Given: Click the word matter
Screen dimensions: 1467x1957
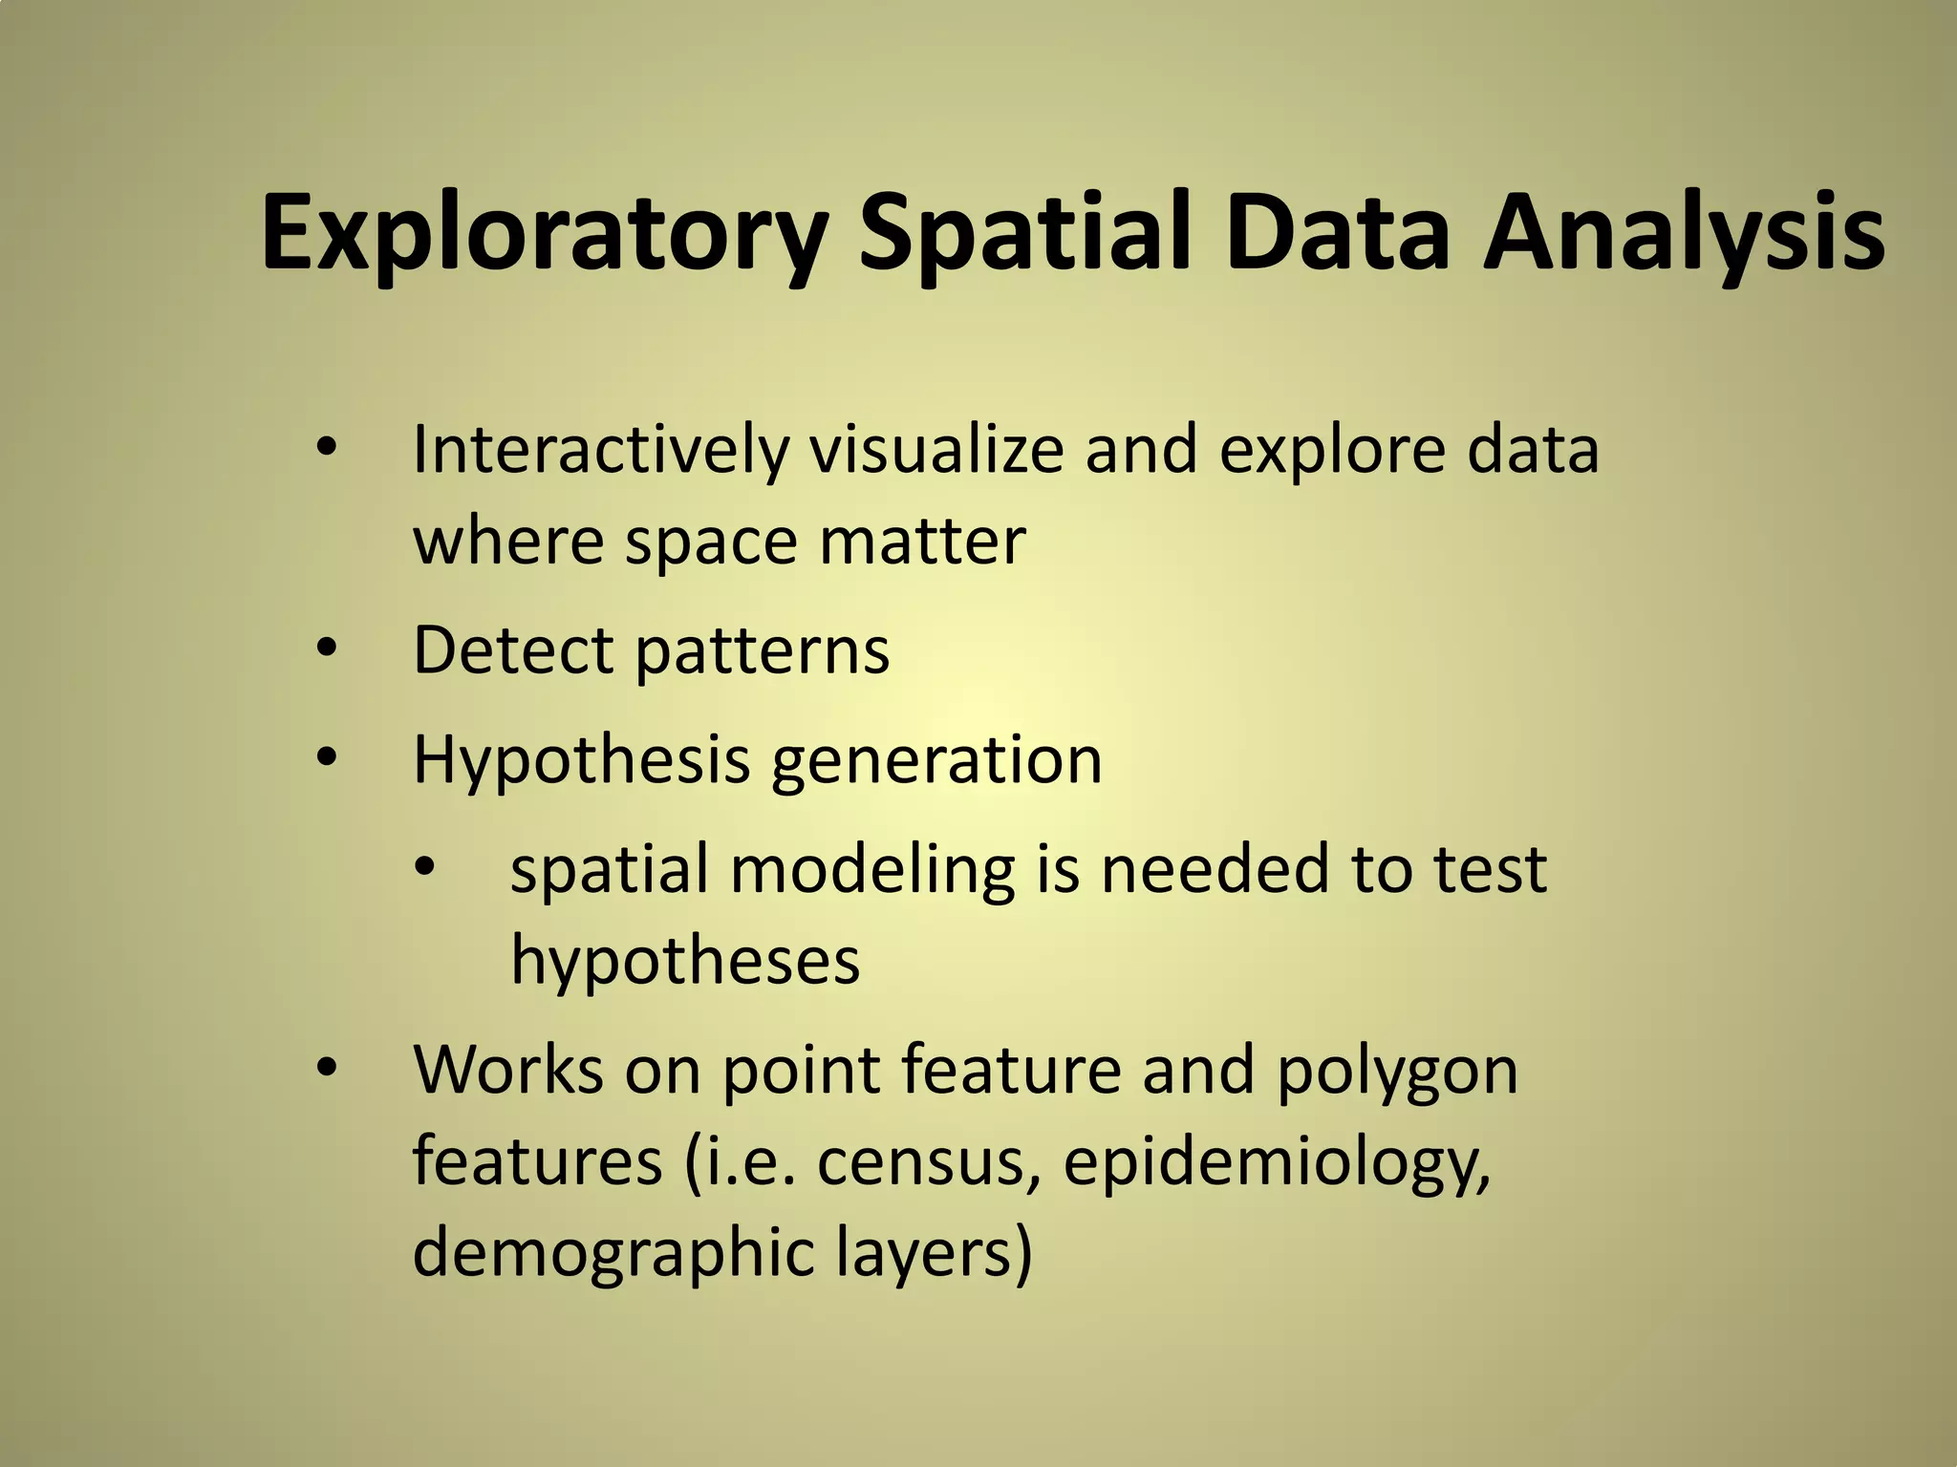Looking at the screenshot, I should click(x=922, y=541).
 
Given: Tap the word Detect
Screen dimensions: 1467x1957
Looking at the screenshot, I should click(x=512, y=650).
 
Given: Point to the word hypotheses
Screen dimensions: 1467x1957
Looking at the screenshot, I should click(x=685, y=961).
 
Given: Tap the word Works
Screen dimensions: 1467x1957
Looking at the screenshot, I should click(x=508, y=1070).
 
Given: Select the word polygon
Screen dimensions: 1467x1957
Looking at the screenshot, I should click(x=1397, y=1072).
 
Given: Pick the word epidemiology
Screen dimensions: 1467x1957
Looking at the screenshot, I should click(x=1277, y=1164).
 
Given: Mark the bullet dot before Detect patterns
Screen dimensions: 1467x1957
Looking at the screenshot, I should click(x=327, y=650).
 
